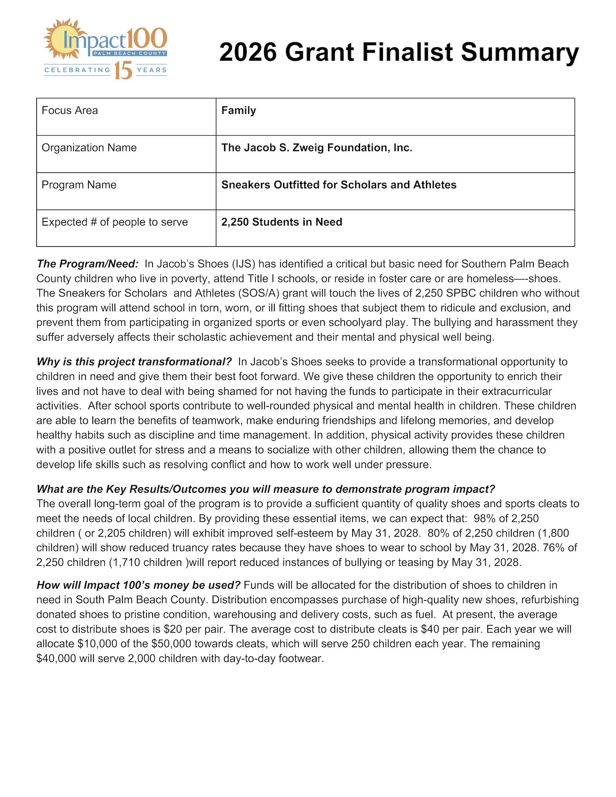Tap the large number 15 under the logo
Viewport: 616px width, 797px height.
123,70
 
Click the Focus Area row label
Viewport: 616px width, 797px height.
70,111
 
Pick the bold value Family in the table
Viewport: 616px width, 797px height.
238,111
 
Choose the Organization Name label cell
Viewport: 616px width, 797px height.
89,148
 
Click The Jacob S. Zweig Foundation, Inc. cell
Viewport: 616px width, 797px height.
317,148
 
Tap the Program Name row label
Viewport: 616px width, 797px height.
79,185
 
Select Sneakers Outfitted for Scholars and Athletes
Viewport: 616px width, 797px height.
338,185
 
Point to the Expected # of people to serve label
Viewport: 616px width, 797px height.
115,222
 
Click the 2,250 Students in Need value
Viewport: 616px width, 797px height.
282,222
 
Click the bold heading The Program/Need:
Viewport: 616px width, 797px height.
88,264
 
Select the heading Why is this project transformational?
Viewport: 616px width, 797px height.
134,362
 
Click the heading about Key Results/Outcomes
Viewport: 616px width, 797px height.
266,489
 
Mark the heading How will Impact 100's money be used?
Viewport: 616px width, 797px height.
138,585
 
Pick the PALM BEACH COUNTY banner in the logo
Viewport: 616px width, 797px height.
129,54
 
